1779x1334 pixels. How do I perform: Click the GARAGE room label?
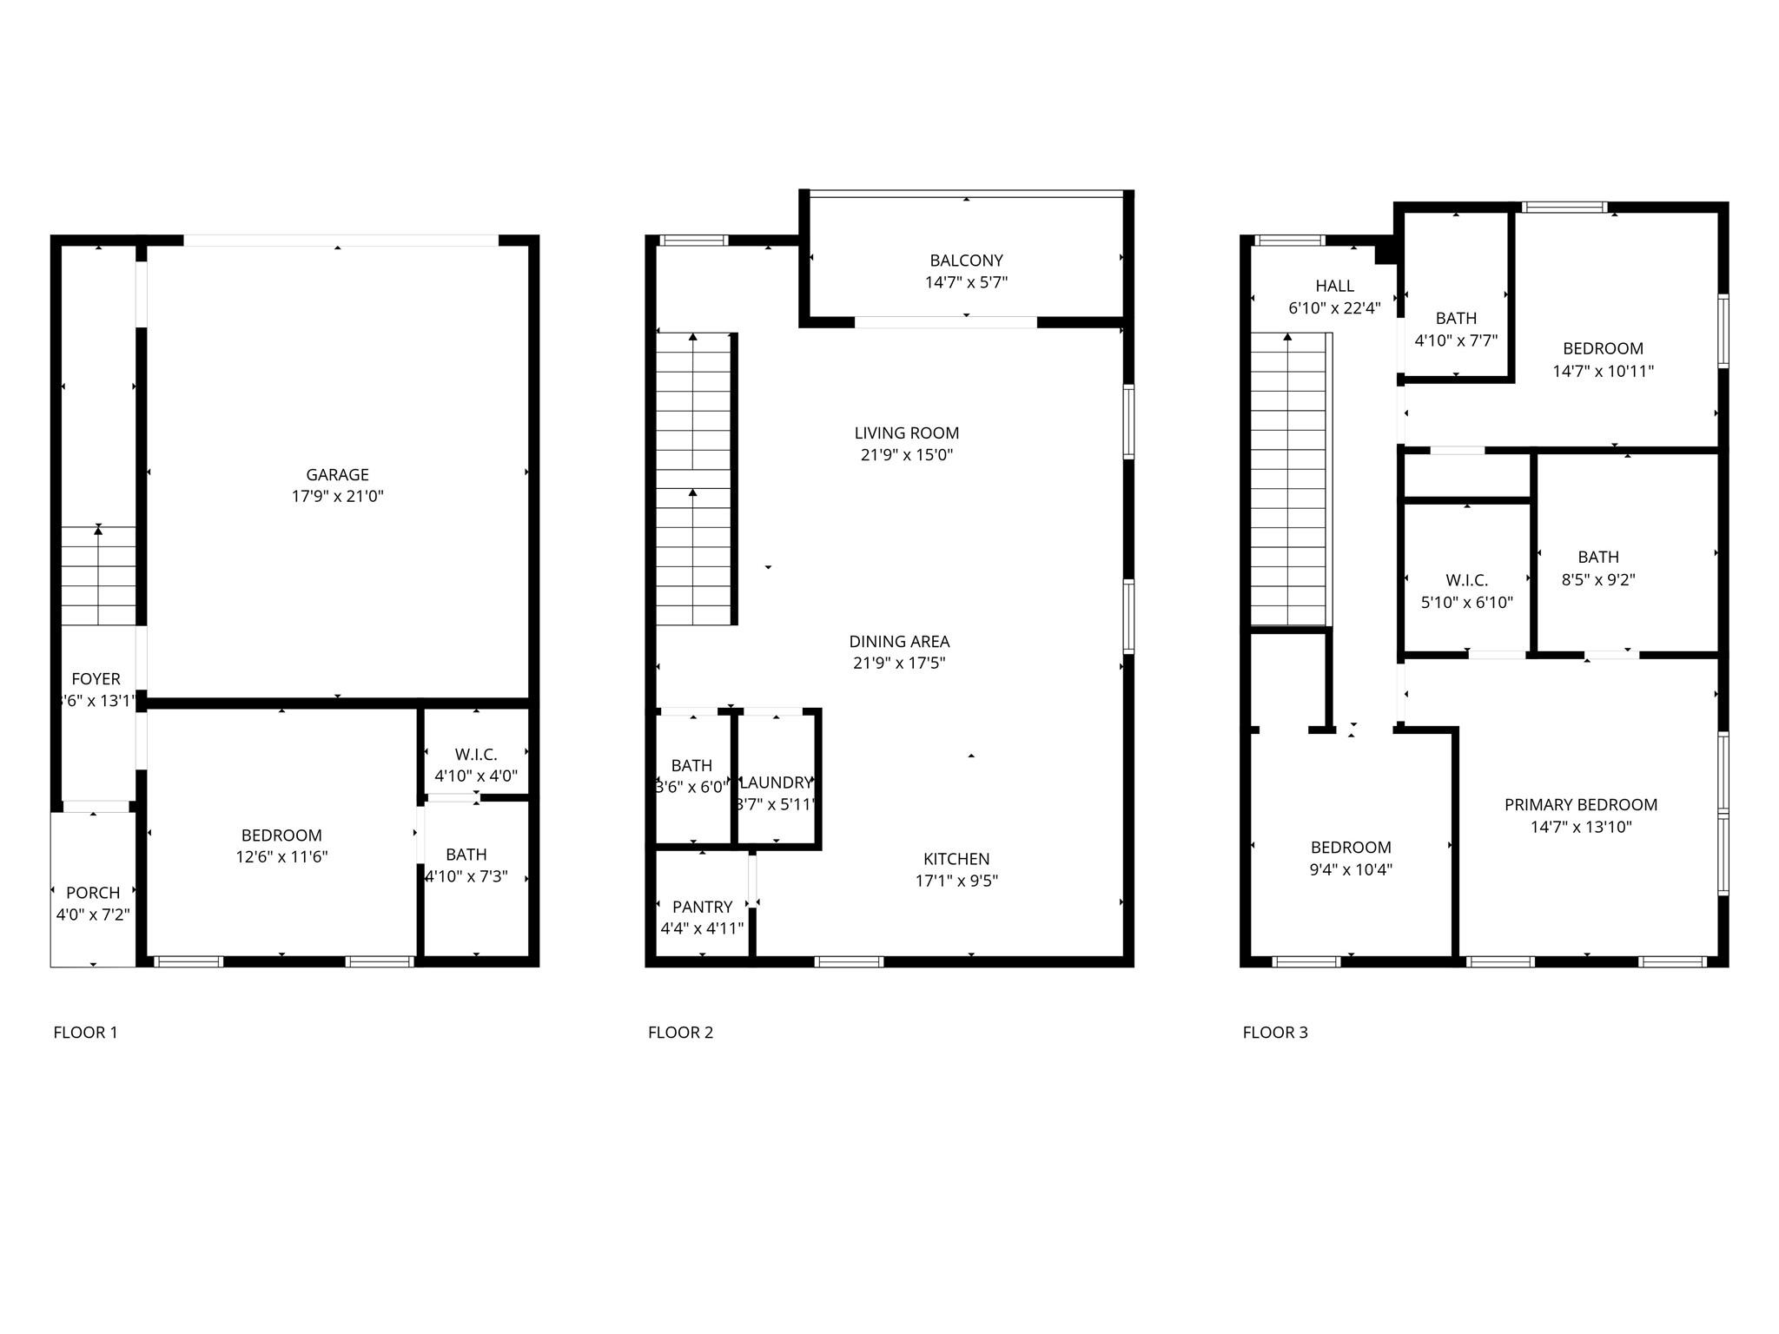click(x=337, y=474)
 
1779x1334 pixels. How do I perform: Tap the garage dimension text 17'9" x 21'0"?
click(x=337, y=497)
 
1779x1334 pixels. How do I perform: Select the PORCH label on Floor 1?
click(x=93, y=893)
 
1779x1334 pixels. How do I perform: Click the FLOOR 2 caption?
click(x=680, y=1033)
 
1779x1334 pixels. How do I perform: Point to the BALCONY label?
click(x=966, y=261)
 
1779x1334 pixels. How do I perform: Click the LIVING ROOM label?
click(x=906, y=433)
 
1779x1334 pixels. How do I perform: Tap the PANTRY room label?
click(x=702, y=907)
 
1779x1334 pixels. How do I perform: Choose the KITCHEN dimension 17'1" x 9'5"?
click(x=956, y=881)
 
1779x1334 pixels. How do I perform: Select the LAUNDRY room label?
click(x=776, y=783)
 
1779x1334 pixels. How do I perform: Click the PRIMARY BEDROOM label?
click(x=1580, y=805)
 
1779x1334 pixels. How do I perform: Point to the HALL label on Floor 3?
click(x=1334, y=286)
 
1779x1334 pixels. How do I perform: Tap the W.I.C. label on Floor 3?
click(x=1466, y=580)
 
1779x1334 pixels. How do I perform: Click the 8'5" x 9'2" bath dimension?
click(x=1597, y=580)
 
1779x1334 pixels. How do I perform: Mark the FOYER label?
click(x=96, y=679)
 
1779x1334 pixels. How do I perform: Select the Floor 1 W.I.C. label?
click(x=476, y=755)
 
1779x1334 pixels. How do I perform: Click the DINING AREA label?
click(x=899, y=642)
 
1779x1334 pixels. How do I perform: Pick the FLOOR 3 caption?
click(x=1274, y=1033)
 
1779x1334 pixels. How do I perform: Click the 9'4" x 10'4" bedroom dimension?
click(x=1351, y=869)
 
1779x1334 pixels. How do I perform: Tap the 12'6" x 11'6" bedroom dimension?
click(x=281, y=857)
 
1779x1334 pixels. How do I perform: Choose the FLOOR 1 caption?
click(x=85, y=1033)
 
